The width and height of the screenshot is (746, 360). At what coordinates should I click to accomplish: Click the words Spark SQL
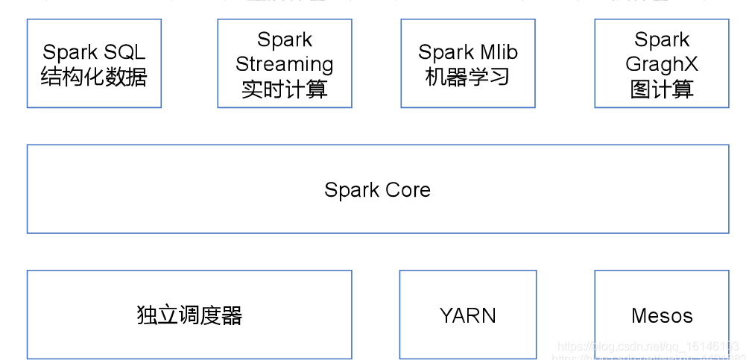pos(94,52)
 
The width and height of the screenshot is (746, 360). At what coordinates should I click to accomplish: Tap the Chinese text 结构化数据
pos(94,77)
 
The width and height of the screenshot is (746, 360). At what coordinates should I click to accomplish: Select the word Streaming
pos(284,64)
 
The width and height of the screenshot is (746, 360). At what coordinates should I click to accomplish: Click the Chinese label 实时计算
pos(284,89)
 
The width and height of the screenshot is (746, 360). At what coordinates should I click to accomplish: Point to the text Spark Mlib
pos(467,52)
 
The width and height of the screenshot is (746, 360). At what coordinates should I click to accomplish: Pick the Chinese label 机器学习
pos(467,77)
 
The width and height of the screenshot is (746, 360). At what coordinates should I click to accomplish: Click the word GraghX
pos(662,64)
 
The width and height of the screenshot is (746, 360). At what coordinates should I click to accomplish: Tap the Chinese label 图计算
pos(662,89)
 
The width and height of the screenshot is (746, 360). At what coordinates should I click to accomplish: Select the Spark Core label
pos(377,190)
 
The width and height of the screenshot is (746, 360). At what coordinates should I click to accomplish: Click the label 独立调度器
pos(189,315)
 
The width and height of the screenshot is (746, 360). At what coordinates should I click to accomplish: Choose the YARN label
pos(467,316)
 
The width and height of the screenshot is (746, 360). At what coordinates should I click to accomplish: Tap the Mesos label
pos(662,316)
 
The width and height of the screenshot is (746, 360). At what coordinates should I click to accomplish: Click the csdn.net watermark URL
pos(648,347)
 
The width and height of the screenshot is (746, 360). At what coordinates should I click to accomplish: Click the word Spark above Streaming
pos(284,40)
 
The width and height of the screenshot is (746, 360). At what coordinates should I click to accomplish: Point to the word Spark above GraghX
pos(662,40)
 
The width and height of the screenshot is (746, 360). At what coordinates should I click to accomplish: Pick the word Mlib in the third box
pos(499,52)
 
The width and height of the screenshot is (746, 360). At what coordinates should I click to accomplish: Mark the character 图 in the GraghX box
pos(640,89)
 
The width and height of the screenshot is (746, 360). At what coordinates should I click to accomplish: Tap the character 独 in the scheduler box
pos(147,315)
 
